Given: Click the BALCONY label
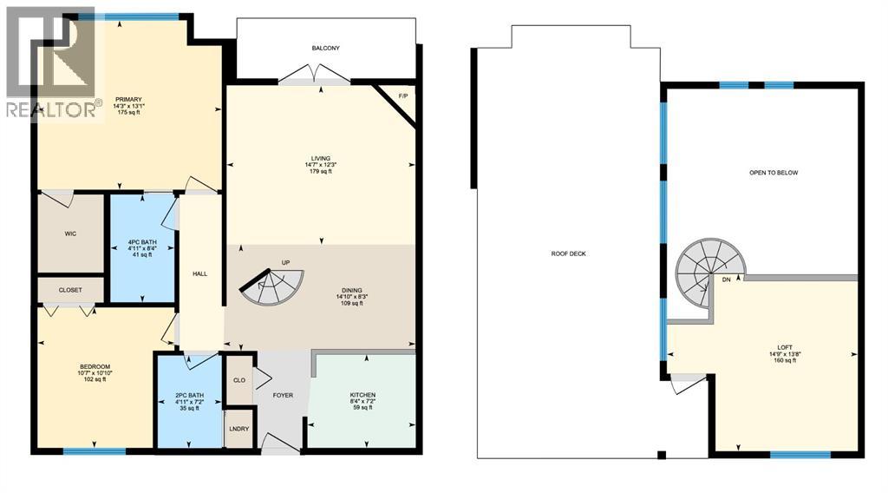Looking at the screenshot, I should click(325, 49).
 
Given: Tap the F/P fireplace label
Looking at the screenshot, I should click(402, 96).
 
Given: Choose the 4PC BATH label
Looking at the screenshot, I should click(140, 240).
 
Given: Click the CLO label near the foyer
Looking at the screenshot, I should click(239, 378).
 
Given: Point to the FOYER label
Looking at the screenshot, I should click(282, 396).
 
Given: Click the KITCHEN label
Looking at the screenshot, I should click(363, 395).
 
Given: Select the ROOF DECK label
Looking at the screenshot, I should click(569, 254).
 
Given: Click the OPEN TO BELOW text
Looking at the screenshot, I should click(774, 173).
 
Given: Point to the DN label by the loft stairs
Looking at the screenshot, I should click(725, 280).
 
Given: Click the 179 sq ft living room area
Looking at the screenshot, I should click(317, 172).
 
